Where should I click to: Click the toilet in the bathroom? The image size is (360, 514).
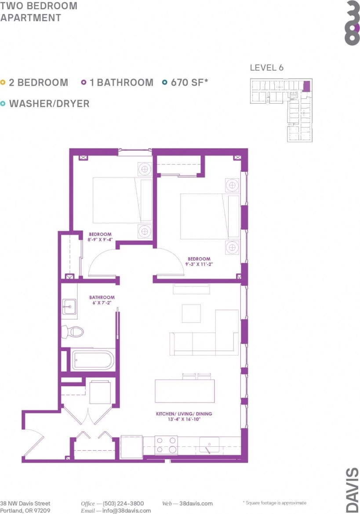[73, 331]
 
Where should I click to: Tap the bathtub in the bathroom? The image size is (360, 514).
[92, 360]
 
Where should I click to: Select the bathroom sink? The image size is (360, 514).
[69, 307]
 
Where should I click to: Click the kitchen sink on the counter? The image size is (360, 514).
[210, 444]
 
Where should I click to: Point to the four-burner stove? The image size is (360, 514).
[166, 445]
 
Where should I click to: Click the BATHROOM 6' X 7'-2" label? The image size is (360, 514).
[102, 300]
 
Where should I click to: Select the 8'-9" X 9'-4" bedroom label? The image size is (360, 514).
[100, 237]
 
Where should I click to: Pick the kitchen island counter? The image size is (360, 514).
[185, 391]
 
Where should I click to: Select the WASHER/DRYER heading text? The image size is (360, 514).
[49, 104]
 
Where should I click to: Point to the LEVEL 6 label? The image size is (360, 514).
[266, 68]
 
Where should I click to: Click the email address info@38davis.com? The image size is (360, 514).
[127, 510]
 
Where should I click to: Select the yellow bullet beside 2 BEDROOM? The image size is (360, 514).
[4, 82]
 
